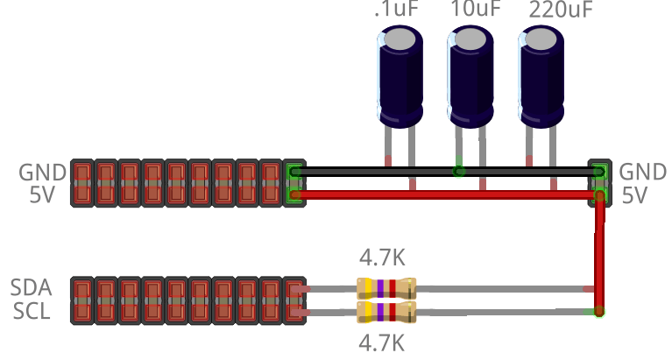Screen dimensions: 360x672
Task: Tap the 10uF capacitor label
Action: click(x=476, y=11)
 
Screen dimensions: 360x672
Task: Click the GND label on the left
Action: click(x=42, y=172)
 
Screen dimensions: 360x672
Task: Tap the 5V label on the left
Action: click(x=42, y=195)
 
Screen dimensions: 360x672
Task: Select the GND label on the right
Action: click(x=642, y=172)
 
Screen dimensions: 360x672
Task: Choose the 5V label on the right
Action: click(x=634, y=195)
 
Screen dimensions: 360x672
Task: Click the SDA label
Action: click(x=31, y=288)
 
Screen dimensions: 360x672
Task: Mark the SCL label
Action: click(x=31, y=311)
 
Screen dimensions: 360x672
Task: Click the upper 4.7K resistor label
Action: click(x=383, y=258)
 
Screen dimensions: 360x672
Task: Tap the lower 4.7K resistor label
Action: click(x=383, y=341)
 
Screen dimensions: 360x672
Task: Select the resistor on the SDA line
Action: click(x=386, y=287)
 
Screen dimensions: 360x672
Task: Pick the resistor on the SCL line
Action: click(x=386, y=312)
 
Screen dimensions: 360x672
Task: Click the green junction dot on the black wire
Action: click(x=457, y=172)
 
